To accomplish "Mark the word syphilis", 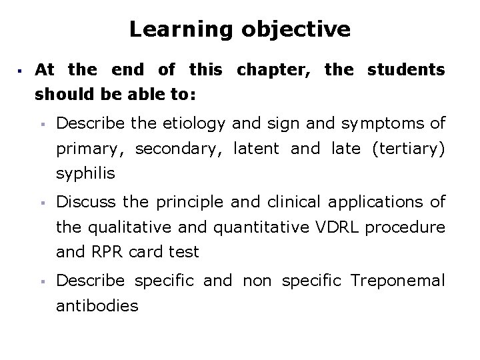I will (x=85, y=174).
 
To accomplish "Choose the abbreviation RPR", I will (x=102, y=252).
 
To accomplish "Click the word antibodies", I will (x=97, y=306).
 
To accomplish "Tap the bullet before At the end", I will (x=21, y=70).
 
